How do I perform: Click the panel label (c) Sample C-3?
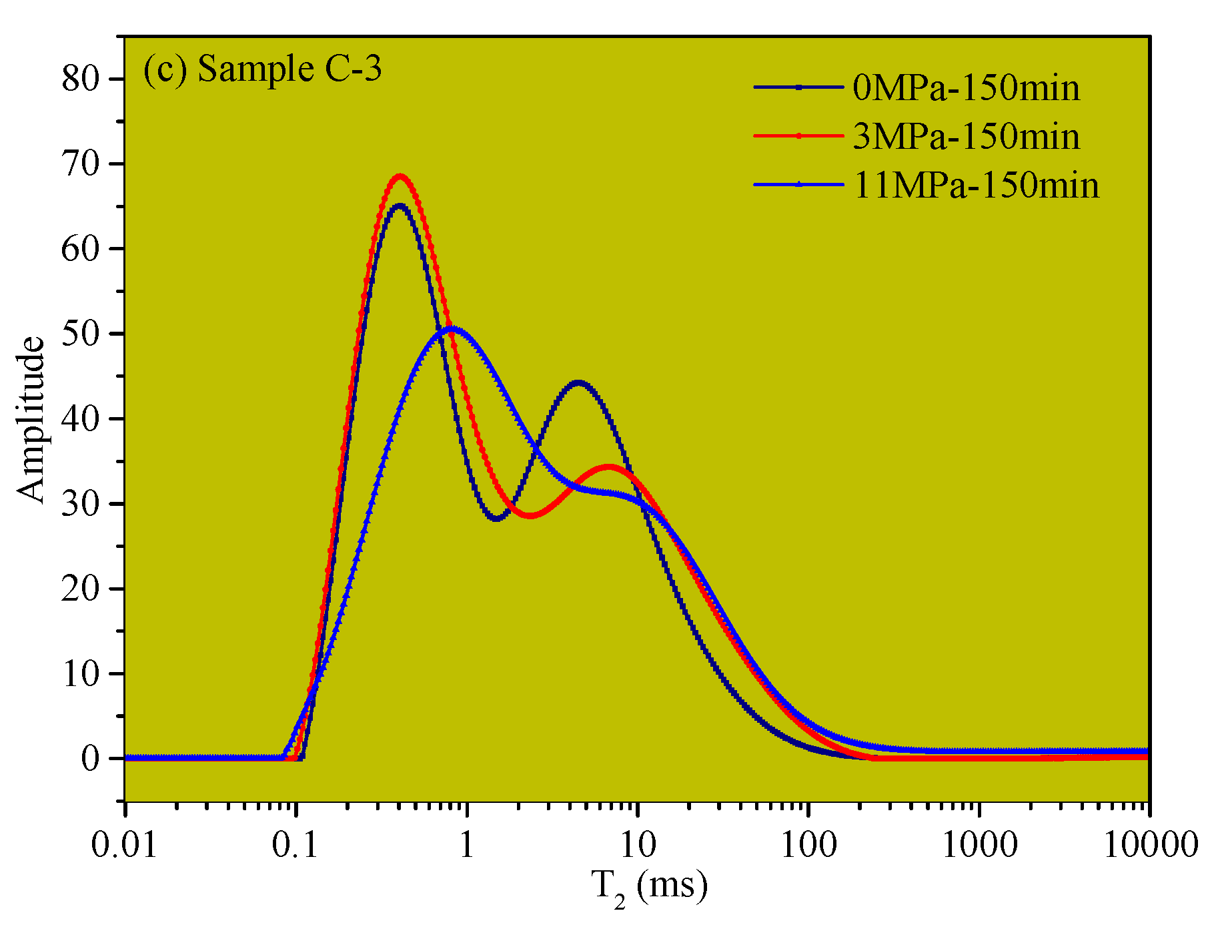263,69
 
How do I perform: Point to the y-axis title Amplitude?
31,419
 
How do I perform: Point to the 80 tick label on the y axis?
80,79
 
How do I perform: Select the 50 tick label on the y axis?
80,334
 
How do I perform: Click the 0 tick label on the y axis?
90,758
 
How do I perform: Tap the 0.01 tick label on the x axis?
124,846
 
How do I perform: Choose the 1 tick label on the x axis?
466,846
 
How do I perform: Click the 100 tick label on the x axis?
808,846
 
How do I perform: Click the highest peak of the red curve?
400,176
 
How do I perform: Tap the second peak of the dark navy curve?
578,383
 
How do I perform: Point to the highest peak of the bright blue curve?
453,328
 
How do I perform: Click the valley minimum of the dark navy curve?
496,519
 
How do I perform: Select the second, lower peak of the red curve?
608,467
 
